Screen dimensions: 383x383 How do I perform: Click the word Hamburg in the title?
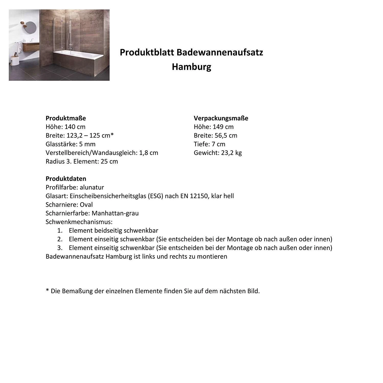click(191, 67)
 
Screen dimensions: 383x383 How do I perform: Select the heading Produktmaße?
click(66, 118)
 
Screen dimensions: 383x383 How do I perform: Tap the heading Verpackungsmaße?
click(221, 118)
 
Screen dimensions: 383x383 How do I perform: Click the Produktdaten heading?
click(66, 178)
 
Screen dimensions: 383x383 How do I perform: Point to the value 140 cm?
click(75, 127)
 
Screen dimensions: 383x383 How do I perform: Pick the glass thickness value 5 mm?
click(87, 144)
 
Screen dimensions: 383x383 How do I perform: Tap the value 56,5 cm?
click(226, 136)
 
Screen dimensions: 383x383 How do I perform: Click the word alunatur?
click(92, 187)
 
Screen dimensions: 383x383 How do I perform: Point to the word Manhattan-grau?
click(115, 213)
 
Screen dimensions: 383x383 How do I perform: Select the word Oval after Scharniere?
click(86, 205)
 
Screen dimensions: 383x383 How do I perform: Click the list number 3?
click(60, 248)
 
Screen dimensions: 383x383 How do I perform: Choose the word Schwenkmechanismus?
click(79, 222)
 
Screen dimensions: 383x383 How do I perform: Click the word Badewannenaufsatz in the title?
click(220, 52)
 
